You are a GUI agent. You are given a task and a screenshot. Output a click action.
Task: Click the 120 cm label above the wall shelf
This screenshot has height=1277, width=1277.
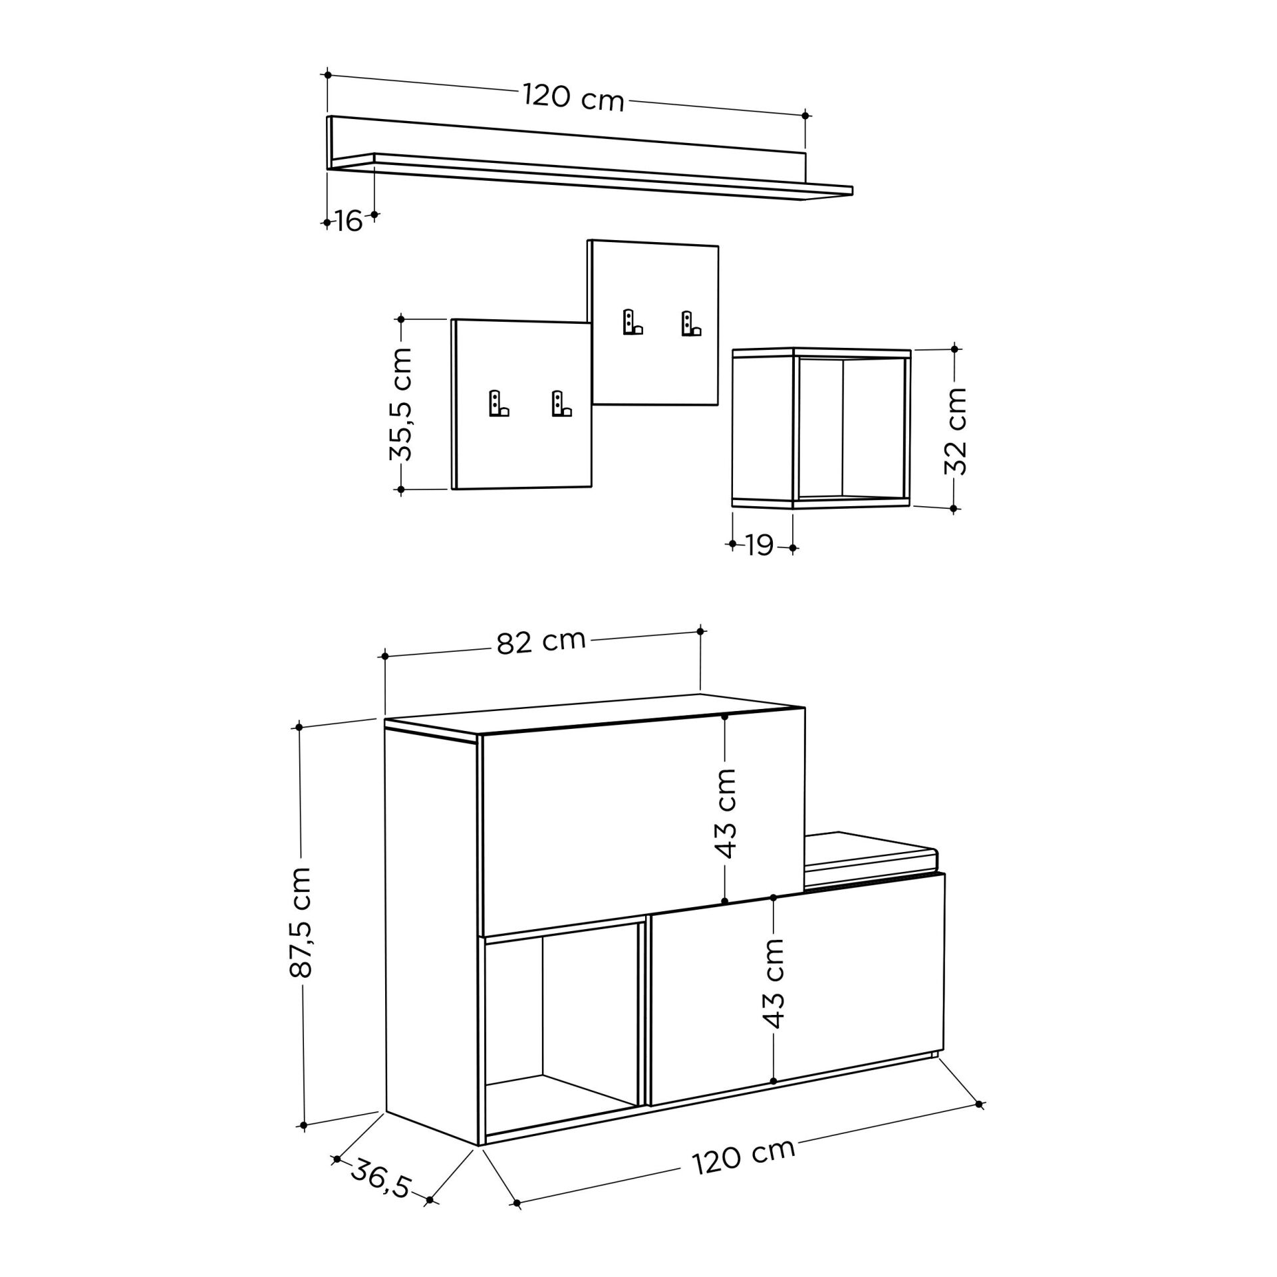click(574, 97)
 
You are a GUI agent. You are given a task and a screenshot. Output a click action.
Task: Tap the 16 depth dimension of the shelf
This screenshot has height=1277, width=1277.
click(349, 221)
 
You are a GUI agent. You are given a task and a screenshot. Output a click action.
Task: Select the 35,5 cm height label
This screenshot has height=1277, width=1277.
click(401, 404)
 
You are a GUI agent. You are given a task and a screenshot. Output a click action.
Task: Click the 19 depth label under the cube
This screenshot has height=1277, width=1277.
click(760, 545)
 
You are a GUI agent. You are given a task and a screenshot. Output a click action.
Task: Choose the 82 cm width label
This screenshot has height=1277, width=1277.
click(541, 642)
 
